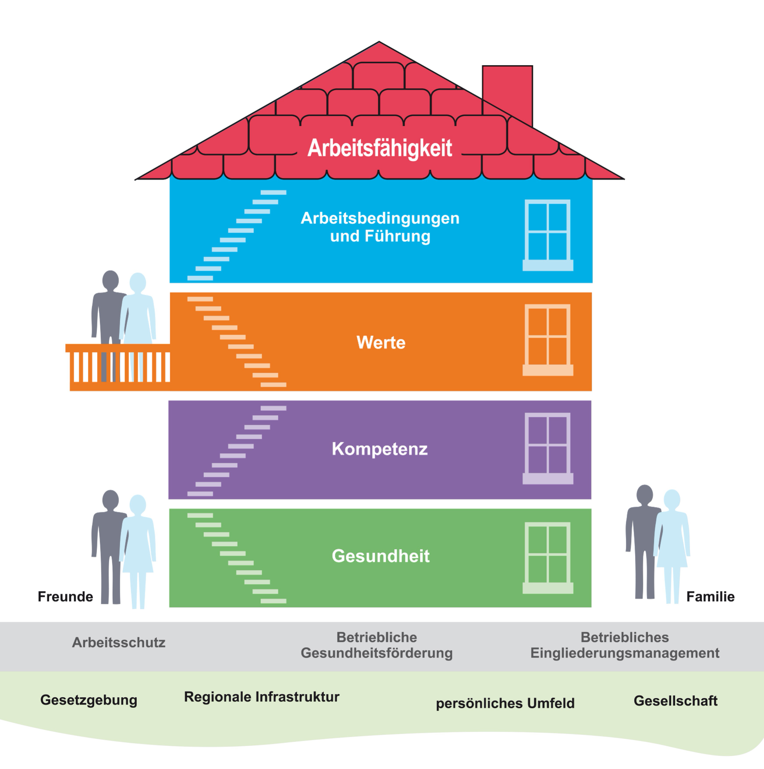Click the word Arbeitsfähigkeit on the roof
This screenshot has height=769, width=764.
coord(380,148)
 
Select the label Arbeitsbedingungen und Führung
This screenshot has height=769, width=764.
coord(380,227)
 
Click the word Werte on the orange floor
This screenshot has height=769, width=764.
coord(381,342)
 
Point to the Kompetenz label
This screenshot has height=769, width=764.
coord(380,449)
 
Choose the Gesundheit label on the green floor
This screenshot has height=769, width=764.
coord(380,556)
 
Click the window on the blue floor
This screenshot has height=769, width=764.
coord(548,235)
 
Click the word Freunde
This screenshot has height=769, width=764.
coord(65,596)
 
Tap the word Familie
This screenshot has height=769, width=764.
coord(710,596)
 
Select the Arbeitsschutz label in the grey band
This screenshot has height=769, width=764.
coord(119,642)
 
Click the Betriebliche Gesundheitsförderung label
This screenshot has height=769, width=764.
coord(377,645)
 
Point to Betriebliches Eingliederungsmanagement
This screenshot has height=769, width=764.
coord(625,645)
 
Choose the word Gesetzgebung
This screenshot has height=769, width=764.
coord(89,700)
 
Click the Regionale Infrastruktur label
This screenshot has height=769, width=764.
coord(262,697)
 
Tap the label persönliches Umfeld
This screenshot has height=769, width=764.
coord(505,703)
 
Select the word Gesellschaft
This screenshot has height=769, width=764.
coord(675,701)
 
